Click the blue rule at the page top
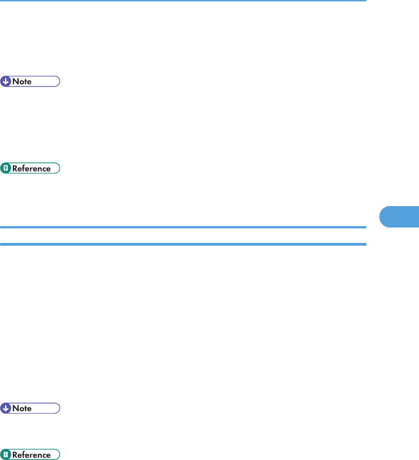coord(182,1)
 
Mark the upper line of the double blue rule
coord(182,227)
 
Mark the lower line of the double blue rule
coord(182,244)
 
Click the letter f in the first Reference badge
coord(25,168)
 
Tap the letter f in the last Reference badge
coord(25,455)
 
